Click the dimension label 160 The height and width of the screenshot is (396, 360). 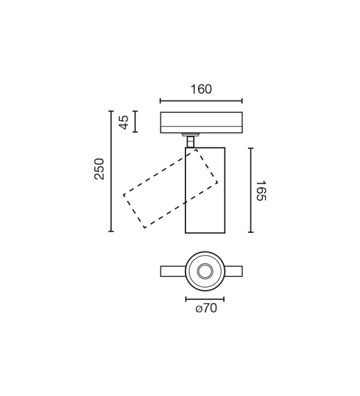(201, 89)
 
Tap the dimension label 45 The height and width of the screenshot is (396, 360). (124, 122)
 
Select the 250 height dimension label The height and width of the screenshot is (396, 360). (99, 169)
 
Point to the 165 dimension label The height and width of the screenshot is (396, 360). (261, 191)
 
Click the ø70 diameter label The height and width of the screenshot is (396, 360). (206, 308)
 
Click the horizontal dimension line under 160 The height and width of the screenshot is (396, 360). (201, 101)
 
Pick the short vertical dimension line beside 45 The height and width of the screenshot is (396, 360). (136, 121)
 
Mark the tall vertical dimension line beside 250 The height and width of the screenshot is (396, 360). (111, 171)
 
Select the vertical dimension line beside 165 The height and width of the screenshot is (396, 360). (251, 190)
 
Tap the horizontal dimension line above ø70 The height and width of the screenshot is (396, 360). (205, 299)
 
